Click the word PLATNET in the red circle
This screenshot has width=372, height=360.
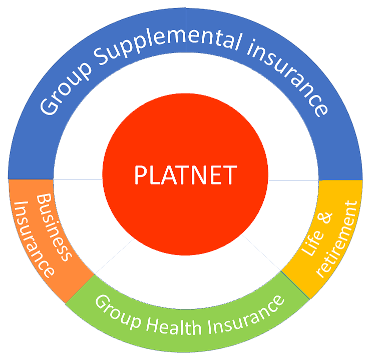(185, 175)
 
